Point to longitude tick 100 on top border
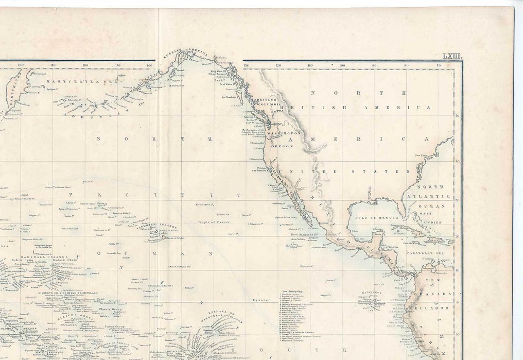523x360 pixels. tap(342, 65)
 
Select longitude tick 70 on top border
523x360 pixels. tap(438, 65)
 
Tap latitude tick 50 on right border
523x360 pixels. tap(458, 116)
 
